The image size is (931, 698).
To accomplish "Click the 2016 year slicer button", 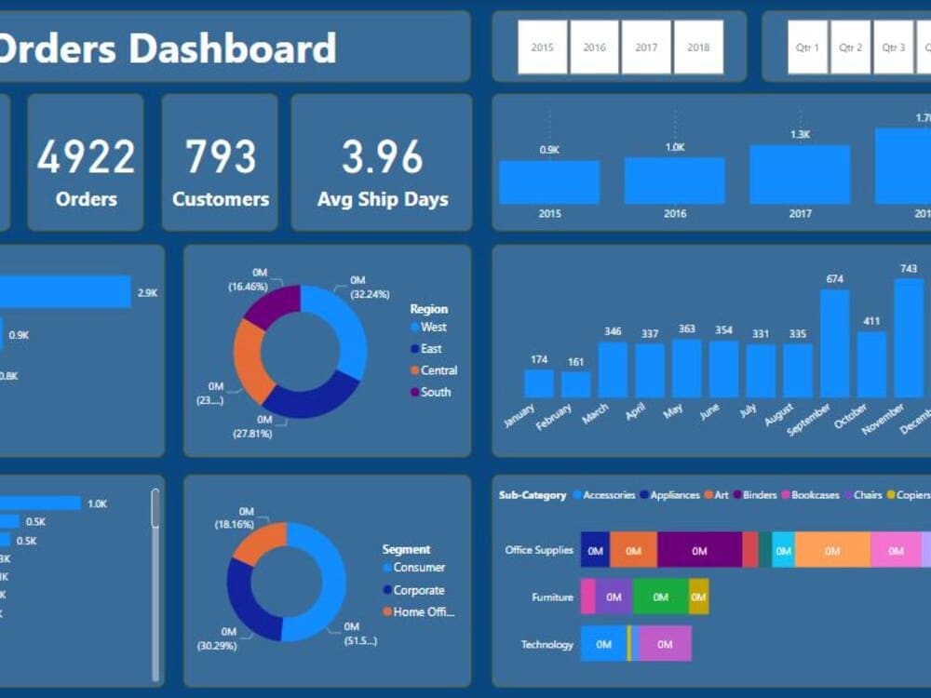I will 594,47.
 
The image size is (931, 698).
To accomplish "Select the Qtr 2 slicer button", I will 850,47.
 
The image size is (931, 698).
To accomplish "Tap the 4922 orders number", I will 86,156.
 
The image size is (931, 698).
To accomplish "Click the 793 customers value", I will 221,156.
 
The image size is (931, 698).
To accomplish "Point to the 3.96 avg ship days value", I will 382,156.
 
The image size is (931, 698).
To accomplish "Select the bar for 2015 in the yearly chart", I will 549,182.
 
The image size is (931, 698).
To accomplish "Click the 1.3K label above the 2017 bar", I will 800,135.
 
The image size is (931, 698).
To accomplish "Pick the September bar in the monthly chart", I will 834,343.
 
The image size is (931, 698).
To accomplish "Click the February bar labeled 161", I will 575,384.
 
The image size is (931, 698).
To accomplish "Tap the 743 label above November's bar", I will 908,269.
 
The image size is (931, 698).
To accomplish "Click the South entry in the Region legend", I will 435,393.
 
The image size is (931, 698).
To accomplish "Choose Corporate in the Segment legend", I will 418,590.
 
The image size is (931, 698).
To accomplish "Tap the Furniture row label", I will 552,597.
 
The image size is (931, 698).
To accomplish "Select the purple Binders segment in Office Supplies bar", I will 699,550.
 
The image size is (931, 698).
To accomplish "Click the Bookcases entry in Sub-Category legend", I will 814,495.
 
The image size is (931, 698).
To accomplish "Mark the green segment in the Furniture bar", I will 660,597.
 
